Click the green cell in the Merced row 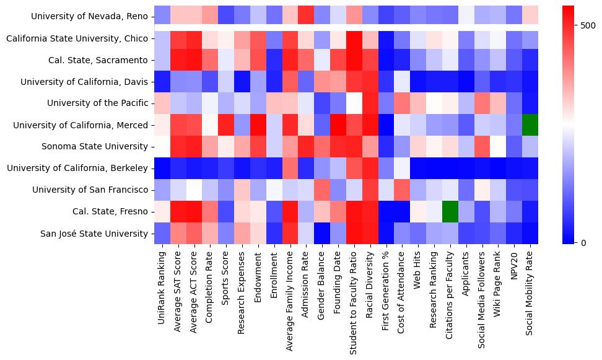[x=530, y=125]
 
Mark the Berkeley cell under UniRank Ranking [x=162, y=168]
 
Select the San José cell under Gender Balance [x=321, y=234]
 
